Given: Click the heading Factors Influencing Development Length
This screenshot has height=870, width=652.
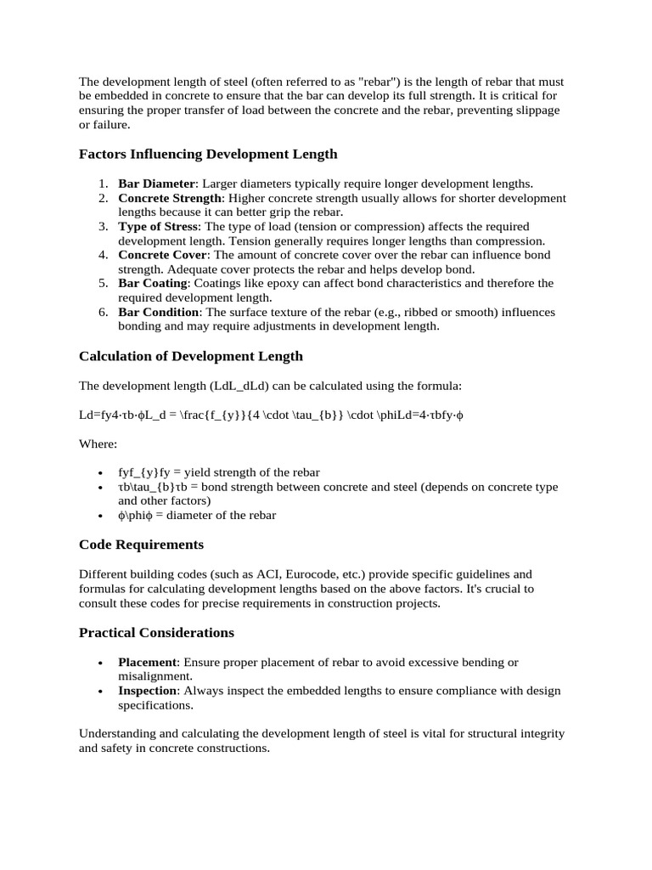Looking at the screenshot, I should click(208, 154).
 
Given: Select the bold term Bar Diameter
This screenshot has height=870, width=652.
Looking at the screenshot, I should click(156, 184).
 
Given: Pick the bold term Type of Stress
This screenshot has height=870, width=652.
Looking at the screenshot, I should click(158, 227).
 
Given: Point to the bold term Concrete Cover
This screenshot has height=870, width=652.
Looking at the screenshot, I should click(162, 255).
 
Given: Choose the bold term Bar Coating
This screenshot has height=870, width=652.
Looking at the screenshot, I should click(152, 283).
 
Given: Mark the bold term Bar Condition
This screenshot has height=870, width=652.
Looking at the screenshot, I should click(158, 312).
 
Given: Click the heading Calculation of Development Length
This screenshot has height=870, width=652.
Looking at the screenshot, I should click(191, 356).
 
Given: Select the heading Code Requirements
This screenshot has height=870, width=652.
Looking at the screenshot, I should click(141, 544).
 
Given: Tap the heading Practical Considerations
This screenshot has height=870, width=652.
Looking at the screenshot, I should click(156, 632).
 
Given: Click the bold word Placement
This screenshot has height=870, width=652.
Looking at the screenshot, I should click(148, 662).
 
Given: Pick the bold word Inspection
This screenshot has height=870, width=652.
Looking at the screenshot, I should click(148, 691).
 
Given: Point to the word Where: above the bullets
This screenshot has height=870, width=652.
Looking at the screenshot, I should click(98, 443).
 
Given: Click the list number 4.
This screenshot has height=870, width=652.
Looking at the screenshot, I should click(102, 255).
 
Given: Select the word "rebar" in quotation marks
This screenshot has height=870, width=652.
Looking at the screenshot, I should click(375, 82).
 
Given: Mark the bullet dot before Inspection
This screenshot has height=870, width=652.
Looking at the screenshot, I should click(101, 692).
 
